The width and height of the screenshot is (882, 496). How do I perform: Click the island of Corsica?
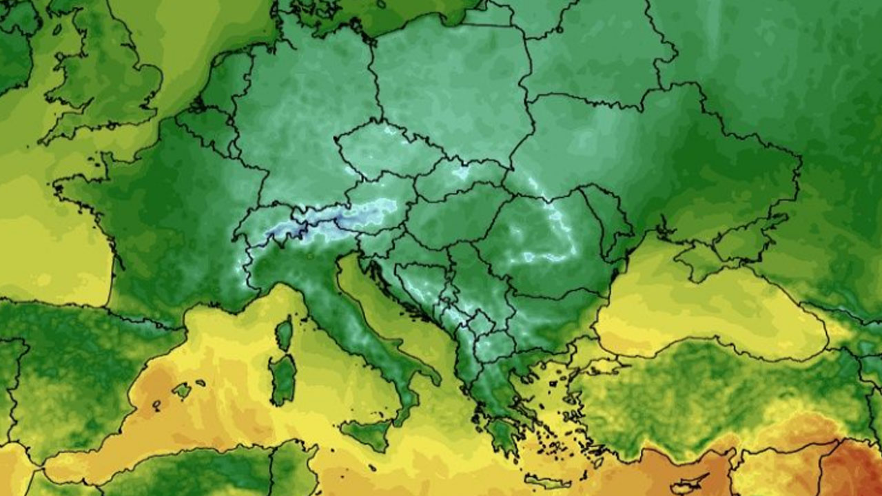point(284,334)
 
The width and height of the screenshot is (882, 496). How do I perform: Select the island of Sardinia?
point(283,379)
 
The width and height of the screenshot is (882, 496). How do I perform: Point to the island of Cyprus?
point(689,482)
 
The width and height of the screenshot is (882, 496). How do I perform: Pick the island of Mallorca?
point(182,391)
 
